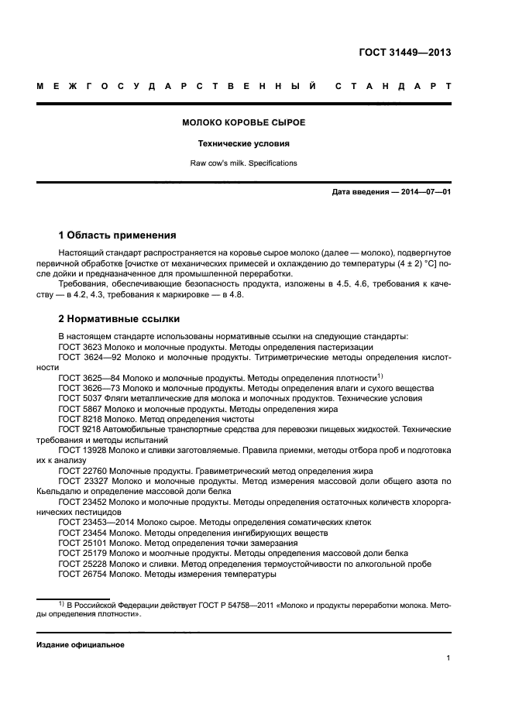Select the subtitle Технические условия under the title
coord(243,143)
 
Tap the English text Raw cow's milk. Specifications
coord(243,163)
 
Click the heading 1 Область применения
coord(118,235)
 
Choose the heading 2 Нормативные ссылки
coord(119,317)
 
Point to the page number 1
coord(448,658)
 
